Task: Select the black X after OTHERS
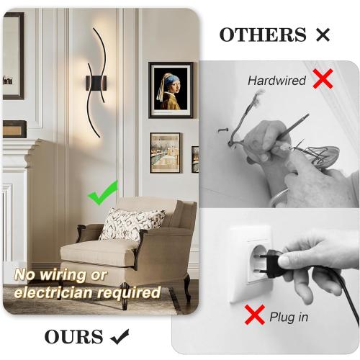pyautogui.click(x=322, y=34)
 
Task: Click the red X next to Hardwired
pyautogui.click(x=323, y=79)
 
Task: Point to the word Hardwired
pyautogui.click(x=276, y=81)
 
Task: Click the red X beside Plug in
pyautogui.click(x=254, y=314)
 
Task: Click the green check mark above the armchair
pyautogui.click(x=102, y=194)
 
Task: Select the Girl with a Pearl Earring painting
pyautogui.click(x=171, y=89)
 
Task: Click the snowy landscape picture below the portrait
pyautogui.click(x=165, y=153)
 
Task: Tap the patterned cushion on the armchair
pyautogui.click(x=131, y=224)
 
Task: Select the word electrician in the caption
pyautogui.click(x=53, y=293)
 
